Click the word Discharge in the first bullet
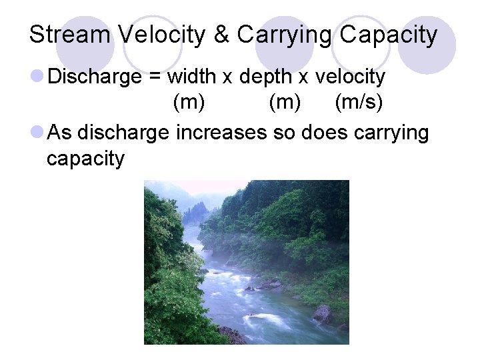[x=95, y=77]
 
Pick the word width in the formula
[x=191, y=77]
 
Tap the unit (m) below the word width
[x=189, y=103]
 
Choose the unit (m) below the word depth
[x=285, y=103]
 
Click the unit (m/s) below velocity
[x=358, y=103]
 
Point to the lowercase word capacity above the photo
[x=85, y=159]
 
